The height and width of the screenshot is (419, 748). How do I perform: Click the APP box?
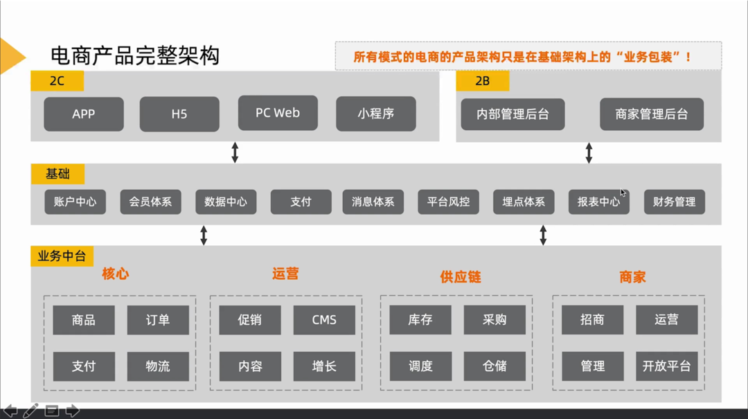pos(84,114)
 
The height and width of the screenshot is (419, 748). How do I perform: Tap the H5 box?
pos(179,114)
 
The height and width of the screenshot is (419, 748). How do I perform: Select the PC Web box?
pos(278,113)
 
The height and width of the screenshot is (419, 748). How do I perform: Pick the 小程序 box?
pos(376,114)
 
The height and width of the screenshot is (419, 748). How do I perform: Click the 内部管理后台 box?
pos(513,114)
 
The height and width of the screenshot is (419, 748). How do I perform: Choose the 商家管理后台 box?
pos(652,114)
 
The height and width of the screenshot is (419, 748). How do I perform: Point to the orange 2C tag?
pos(57,81)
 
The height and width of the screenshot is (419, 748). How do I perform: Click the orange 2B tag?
pos(483,81)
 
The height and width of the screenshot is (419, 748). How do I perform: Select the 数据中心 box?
pos(226,202)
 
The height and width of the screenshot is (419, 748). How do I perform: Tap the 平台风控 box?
pos(448,202)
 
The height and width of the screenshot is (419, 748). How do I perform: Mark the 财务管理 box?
pos(674,202)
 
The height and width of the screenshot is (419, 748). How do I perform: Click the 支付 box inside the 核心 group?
pos(84,366)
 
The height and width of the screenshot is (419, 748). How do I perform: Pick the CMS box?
pos(324,320)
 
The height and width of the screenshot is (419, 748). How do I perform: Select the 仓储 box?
pos(495,366)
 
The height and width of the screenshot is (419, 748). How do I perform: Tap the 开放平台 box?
pos(666,366)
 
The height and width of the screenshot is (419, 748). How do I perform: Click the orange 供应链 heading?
pos(460,277)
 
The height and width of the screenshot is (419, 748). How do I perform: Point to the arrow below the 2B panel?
pos(589,153)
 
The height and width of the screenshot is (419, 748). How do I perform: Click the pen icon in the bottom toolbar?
pos(30,411)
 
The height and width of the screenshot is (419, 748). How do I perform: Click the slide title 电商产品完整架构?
pos(135,55)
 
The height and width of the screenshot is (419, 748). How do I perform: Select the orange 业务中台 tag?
pos(62,256)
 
